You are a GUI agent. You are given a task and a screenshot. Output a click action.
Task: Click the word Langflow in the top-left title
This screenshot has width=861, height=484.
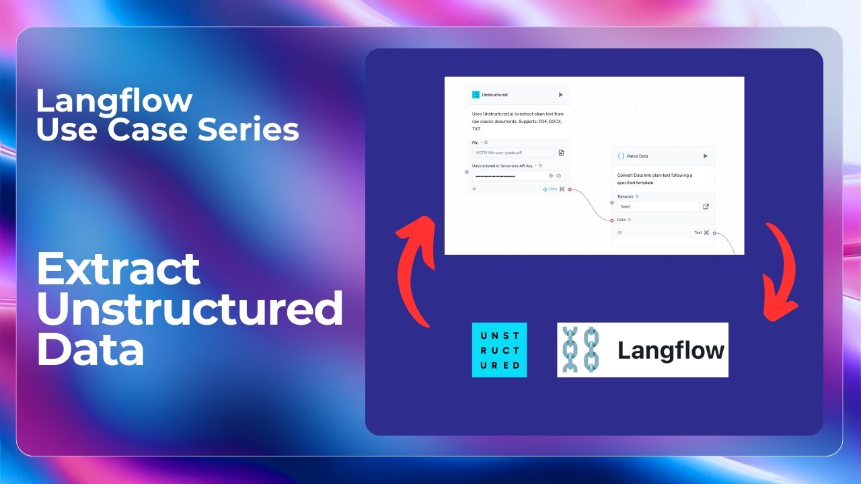[114, 101]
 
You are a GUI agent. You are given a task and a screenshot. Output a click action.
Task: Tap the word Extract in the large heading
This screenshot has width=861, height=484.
[118, 270]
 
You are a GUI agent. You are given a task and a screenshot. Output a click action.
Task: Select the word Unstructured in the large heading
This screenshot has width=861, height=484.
[190, 309]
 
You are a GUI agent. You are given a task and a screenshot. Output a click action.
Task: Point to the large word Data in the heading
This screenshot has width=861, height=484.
[90, 350]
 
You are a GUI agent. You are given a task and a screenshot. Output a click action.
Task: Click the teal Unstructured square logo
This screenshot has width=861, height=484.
[499, 350]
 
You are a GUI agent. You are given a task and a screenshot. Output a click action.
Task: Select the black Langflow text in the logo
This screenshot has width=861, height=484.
[671, 350]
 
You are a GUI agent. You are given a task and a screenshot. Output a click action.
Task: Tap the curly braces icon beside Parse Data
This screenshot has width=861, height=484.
[621, 156]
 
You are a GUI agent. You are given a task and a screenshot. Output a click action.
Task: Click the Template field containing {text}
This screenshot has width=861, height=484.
[656, 206]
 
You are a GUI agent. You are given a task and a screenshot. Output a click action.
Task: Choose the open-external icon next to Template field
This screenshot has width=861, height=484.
[706, 206]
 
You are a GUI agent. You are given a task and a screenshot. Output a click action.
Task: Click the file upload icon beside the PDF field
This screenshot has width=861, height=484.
[561, 153]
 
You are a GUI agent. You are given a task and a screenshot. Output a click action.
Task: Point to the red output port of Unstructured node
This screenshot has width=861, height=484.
[570, 190]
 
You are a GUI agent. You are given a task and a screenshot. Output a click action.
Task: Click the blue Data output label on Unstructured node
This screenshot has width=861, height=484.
[552, 189]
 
